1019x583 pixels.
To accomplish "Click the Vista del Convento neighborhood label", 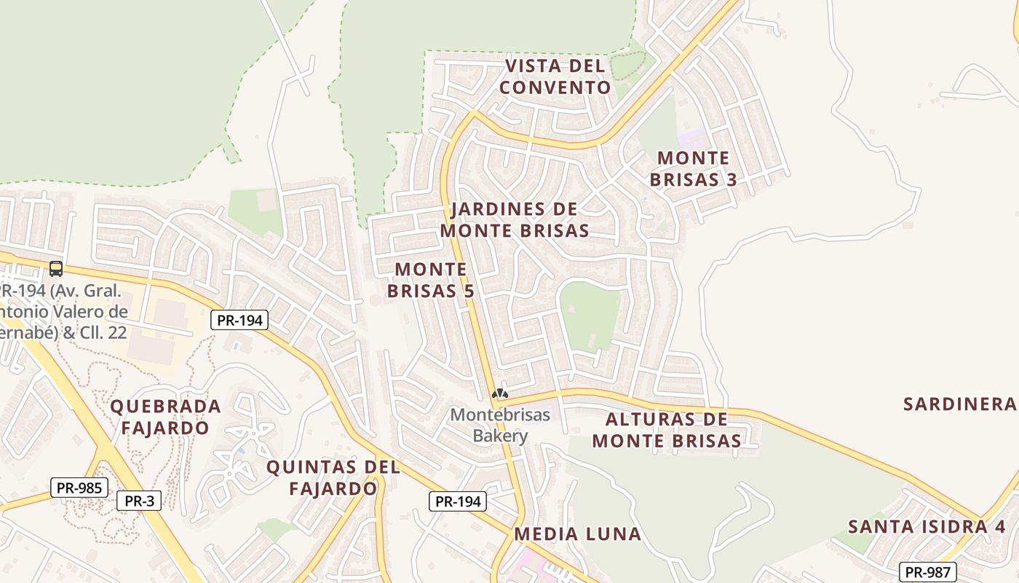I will [x=556, y=77].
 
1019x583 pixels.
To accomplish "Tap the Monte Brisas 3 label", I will [x=693, y=168].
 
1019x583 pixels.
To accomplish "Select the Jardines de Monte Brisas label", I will [x=515, y=219].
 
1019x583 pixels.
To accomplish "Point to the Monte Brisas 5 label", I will [x=431, y=280].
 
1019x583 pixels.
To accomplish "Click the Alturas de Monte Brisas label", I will [x=666, y=430].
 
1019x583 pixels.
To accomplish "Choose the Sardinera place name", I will [x=959, y=404].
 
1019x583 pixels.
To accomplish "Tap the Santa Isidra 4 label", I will [x=927, y=526].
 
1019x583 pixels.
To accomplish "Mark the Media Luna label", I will [x=577, y=534].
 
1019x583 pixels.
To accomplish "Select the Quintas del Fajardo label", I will [x=333, y=477].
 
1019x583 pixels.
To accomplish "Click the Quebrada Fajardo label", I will [x=165, y=416].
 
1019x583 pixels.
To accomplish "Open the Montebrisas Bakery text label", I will [x=500, y=425].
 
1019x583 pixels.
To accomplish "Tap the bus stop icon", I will [x=56, y=268].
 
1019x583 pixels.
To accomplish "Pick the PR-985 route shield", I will [x=79, y=488].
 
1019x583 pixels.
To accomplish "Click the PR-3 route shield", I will [x=139, y=501].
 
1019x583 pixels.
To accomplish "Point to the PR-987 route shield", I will [x=927, y=572].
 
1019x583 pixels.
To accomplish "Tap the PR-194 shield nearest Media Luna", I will [x=456, y=501].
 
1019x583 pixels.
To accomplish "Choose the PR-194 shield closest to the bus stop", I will [x=240, y=319].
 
